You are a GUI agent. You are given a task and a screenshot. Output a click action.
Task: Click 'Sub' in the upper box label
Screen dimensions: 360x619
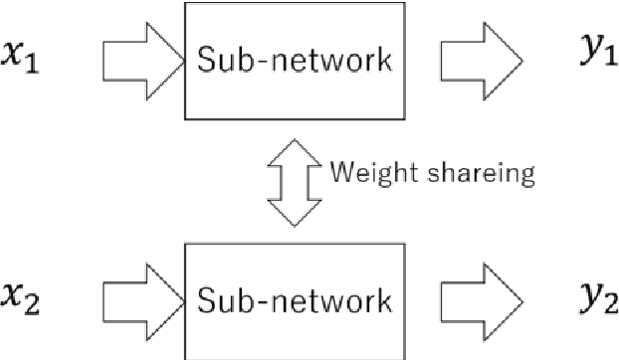[x=224, y=62]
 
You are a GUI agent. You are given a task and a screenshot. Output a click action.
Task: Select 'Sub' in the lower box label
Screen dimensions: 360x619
[x=224, y=297]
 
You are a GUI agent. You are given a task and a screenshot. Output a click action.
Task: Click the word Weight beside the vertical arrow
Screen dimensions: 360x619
[x=367, y=176]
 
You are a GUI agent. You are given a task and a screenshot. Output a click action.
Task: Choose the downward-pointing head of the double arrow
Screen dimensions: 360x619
[x=295, y=211]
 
